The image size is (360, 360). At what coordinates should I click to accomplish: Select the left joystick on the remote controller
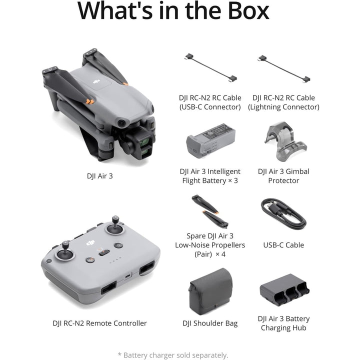tap(65, 254)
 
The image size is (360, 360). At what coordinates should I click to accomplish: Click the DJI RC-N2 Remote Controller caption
tap(100, 323)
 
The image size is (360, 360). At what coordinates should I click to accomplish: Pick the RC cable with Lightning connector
tap(283, 68)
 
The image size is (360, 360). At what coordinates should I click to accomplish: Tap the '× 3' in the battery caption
tap(232, 180)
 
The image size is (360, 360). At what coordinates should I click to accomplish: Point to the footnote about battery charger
tap(173, 355)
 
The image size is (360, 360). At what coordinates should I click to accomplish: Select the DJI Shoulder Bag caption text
tap(210, 323)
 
